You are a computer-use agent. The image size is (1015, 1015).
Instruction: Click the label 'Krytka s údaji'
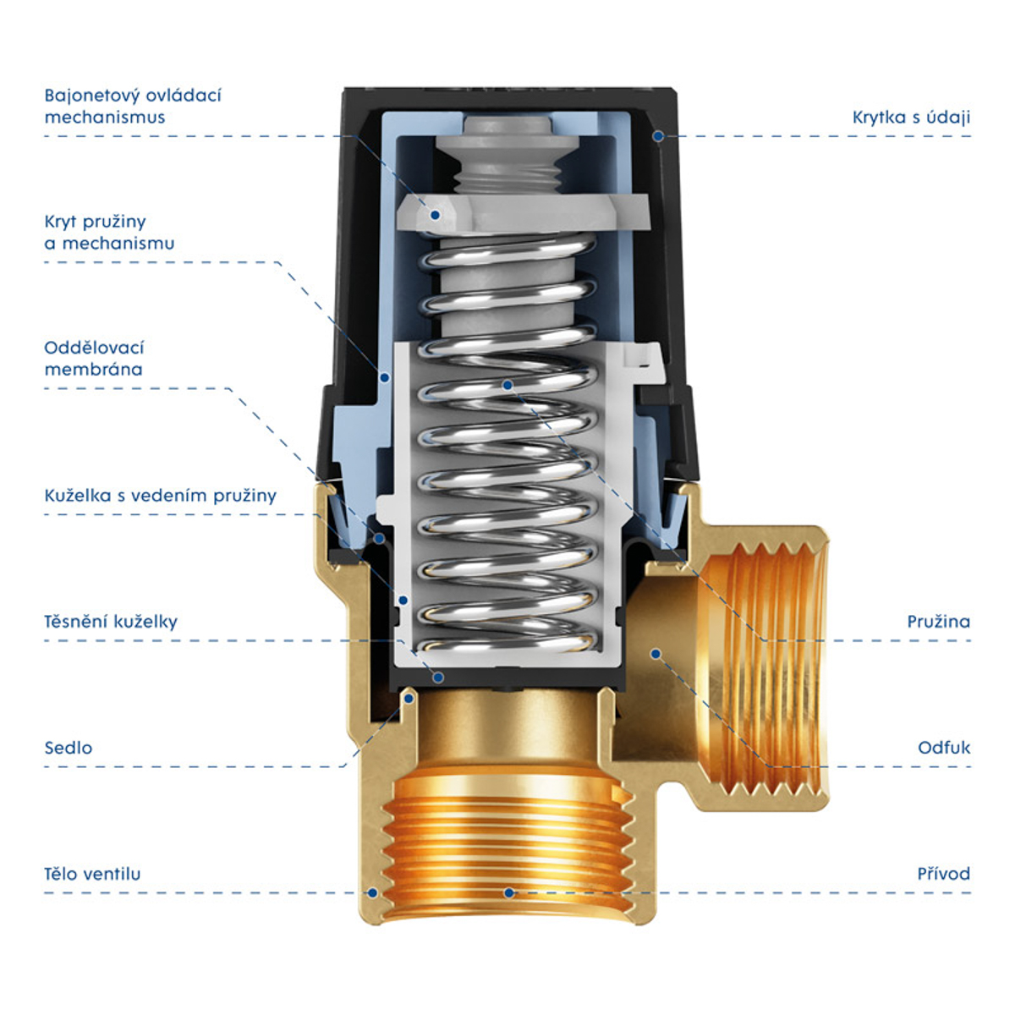(x=911, y=118)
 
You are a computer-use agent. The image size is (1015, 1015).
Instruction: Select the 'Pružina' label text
(x=938, y=622)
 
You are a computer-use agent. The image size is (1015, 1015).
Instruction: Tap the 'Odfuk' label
(x=943, y=748)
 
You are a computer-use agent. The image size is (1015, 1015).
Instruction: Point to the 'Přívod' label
(x=943, y=874)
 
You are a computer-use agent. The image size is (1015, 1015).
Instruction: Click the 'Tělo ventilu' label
(x=92, y=874)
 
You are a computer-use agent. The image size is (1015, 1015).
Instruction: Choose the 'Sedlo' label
(x=68, y=748)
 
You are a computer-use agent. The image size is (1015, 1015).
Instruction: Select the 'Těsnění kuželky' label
(x=111, y=622)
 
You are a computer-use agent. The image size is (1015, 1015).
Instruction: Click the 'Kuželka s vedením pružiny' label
(x=160, y=496)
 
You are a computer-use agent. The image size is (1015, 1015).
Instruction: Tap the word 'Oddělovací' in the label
(x=94, y=348)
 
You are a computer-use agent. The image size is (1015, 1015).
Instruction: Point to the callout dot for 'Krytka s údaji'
(x=658, y=136)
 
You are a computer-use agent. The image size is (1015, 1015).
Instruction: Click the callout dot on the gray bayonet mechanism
(x=435, y=215)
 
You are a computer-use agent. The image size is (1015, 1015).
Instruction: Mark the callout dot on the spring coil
(x=507, y=386)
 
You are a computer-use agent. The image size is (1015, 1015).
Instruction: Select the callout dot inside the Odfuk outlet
(x=656, y=654)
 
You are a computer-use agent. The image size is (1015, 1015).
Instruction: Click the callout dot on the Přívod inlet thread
(x=509, y=893)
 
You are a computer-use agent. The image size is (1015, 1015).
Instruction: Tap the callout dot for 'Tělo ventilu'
(x=372, y=893)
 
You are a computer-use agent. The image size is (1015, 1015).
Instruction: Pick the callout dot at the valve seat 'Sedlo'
(x=409, y=699)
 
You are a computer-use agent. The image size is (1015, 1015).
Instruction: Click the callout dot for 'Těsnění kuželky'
(x=438, y=678)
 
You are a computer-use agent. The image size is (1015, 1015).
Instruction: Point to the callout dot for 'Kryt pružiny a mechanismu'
(x=385, y=377)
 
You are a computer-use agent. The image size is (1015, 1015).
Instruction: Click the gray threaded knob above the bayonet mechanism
(x=507, y=156)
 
